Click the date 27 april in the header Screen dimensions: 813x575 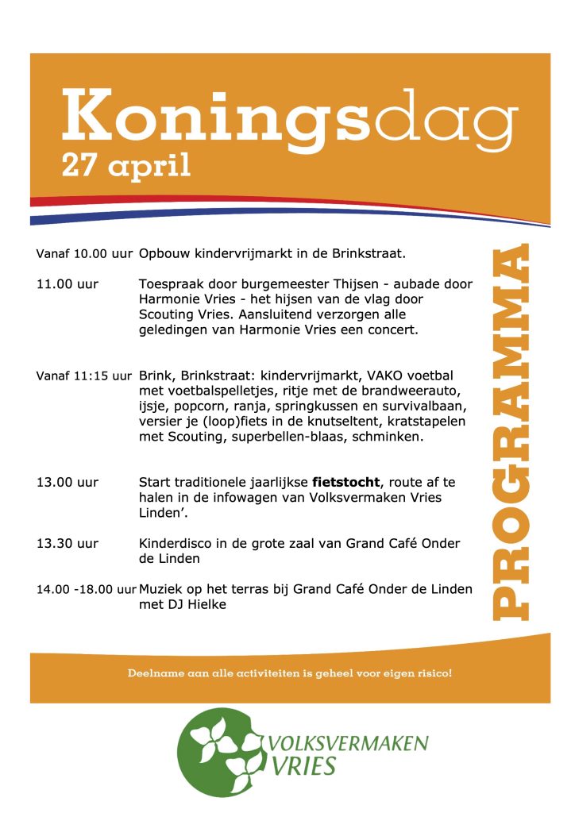click(127, 165)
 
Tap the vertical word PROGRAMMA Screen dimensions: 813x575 click(509, 432)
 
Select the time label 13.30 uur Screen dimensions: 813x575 click(68, 544)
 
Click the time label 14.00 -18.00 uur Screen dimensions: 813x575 click(86, 589)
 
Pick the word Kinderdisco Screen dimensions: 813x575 click(173, 544)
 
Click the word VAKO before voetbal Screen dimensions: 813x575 click(383, 375)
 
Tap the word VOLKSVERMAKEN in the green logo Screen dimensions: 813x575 click(349, 744)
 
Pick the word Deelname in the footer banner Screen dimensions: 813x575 click(152, 674)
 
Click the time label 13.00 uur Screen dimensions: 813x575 click(68, 482)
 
